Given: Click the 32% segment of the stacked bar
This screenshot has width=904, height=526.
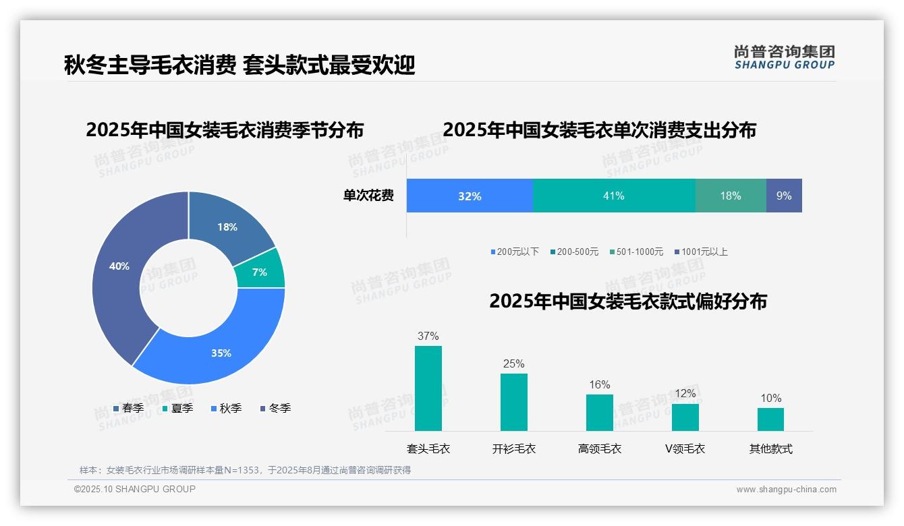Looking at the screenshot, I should pos(470,196).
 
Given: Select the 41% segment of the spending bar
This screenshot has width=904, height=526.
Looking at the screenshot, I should pos(614,196).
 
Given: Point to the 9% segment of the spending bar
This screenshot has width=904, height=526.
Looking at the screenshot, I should pos(784,196).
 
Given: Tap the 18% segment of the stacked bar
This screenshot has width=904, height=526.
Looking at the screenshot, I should pos(731,196).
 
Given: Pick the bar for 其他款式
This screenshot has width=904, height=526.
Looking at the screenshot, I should pos(770,419).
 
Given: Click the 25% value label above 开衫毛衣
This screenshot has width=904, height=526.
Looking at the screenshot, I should pos(514,364).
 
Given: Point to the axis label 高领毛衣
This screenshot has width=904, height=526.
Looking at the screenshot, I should pos(600,449).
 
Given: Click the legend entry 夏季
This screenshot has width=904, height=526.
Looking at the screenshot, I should pos(179,409).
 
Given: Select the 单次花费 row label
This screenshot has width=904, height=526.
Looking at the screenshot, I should pos(368,196).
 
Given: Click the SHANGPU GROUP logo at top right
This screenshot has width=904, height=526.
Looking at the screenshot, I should pos(785,57).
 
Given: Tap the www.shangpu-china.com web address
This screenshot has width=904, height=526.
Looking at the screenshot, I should pos(786,490).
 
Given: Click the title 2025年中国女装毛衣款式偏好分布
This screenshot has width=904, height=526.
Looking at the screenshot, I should pos(628,301).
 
